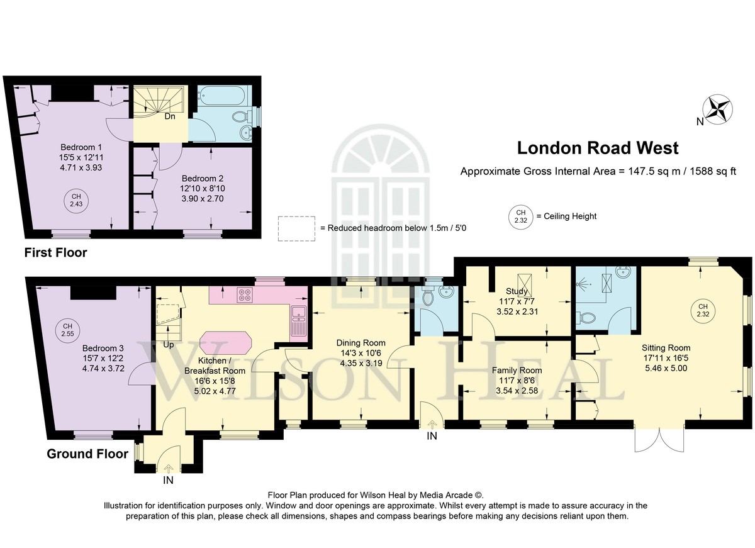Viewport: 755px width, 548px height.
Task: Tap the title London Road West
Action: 598,148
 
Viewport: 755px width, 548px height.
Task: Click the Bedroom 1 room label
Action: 81,147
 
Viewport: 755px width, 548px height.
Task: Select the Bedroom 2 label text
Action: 203,178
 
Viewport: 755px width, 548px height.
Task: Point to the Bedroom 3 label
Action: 103,348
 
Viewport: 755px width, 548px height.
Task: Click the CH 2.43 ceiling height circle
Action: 76,200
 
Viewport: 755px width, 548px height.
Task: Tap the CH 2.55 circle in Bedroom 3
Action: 67,330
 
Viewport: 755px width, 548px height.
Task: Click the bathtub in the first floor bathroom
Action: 225,96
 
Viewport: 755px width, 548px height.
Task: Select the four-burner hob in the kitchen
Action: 244,295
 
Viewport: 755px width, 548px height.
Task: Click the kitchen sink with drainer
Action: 299,321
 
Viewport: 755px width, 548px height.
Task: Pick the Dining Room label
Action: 361,343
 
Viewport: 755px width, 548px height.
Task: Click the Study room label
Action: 517,291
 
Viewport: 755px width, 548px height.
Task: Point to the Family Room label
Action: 517,371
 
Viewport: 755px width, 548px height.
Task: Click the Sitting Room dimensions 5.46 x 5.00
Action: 666,368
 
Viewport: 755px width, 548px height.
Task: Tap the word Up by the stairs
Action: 169,345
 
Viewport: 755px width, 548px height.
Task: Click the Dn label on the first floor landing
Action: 170,116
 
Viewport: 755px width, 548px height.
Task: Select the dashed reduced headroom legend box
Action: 296,228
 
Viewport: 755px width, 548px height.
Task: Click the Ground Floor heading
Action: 87,454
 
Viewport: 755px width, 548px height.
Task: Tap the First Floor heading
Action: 55,252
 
